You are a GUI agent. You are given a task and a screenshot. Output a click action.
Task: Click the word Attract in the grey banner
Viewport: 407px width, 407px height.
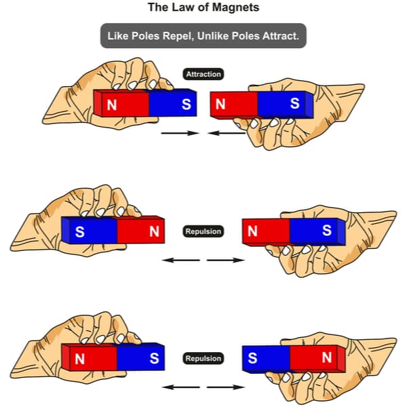tap(280, 35)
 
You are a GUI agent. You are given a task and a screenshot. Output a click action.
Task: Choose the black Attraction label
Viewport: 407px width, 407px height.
tap(203, 73)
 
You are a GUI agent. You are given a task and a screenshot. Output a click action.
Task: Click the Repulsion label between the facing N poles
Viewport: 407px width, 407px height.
tap(203, 231)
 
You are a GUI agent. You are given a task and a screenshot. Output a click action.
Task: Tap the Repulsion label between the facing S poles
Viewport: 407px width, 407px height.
tap(203, 358)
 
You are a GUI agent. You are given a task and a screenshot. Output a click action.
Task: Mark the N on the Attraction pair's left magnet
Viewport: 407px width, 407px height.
tap(111, 104)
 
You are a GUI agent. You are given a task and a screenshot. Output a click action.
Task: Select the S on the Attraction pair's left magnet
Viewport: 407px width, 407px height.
tap(185, 104)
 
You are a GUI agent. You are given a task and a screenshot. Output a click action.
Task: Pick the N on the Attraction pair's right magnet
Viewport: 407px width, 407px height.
tap(220, 104)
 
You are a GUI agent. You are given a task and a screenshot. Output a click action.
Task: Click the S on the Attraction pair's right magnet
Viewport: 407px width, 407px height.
tap(294, 104)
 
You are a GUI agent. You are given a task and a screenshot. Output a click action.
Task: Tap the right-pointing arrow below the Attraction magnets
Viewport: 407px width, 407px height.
tap(179, 134)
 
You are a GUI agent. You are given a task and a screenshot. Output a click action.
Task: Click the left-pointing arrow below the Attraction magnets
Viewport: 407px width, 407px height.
tap(227, 134)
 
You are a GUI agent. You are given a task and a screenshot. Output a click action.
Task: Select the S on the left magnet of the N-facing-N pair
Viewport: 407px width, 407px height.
tap(79, 231)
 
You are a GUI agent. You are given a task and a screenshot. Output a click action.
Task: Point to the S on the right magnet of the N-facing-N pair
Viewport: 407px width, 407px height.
tap(326, 231)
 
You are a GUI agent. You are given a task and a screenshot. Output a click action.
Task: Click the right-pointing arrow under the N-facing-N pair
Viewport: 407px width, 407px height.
tap(225, 259)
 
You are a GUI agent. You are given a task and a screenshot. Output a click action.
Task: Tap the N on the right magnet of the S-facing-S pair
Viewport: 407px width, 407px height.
tap(327, 358)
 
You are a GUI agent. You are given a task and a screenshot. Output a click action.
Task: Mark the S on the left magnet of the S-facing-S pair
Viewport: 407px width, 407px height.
tap(154, 358)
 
